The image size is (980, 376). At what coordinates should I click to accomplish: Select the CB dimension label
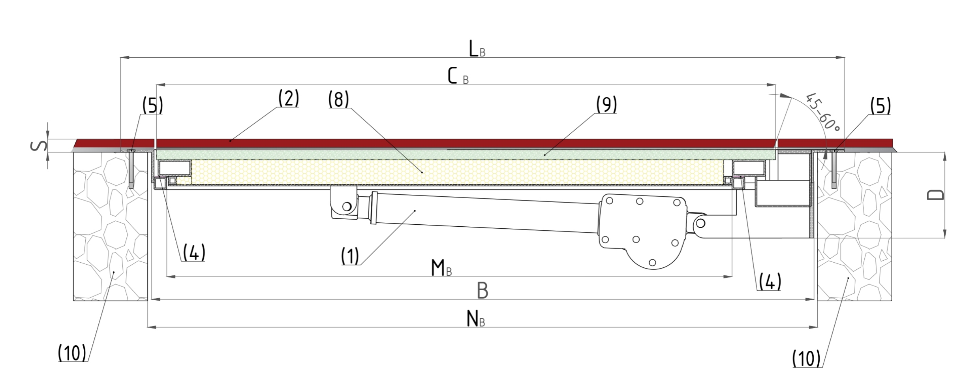(x=458, y=77)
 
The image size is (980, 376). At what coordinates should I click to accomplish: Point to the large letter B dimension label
(x=482, y=291)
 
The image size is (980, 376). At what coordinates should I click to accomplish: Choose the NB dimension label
(x=475, y=319)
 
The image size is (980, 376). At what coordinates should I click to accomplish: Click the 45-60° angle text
(x=823, y=112)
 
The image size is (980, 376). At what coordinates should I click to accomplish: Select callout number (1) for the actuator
(x=350, y=256)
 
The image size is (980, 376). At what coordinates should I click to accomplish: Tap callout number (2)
(x=288, y=99)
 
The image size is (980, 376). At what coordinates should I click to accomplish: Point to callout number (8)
(x=338, y=100)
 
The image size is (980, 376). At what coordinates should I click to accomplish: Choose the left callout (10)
(x=72, y=353)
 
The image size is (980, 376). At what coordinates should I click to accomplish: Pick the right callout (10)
(x=806, y=359)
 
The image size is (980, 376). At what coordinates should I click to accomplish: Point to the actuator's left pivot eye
(x=347, y=206)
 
